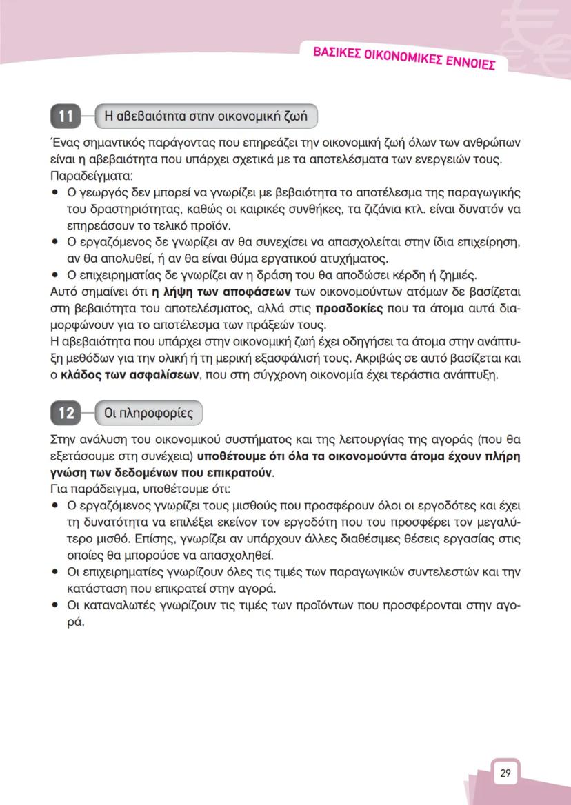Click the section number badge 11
(66, 116)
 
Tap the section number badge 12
(66, 414)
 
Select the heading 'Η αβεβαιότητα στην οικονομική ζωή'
(206, 116)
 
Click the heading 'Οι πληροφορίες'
(148, 414)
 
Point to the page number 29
(505, 773)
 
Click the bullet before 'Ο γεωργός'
(55, 192)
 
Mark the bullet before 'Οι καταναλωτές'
(55, 606)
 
